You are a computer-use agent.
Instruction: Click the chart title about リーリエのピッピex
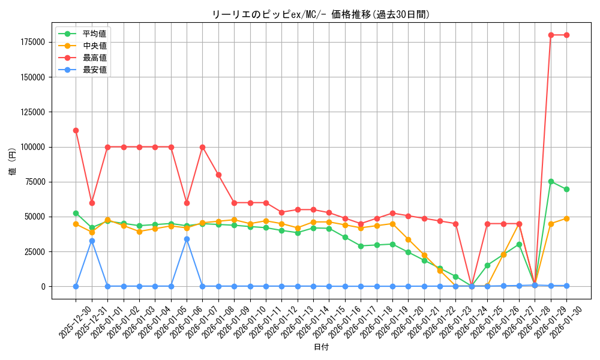coord(321,14)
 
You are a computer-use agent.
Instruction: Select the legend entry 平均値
coord(94,34)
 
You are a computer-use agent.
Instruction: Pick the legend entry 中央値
coord(94,46)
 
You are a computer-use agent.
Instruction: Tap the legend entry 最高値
coord(94,58)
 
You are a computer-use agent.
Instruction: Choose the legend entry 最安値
coord(94,70)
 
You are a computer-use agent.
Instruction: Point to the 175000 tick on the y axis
coord(32,42)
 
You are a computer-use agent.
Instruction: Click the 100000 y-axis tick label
coord(32,147)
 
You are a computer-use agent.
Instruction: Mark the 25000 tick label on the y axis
coord(35,252)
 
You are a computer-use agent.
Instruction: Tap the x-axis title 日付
coord(321,347)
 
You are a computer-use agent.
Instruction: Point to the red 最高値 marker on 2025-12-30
coord(76,130)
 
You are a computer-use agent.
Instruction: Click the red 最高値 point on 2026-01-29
coord(551,35)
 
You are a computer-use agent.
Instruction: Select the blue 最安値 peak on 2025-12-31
coord(92,241)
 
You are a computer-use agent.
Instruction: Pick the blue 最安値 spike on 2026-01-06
coord(187,239)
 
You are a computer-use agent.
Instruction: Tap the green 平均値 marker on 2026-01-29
coord(551,181)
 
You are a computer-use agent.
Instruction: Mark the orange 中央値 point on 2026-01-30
coord(566,218)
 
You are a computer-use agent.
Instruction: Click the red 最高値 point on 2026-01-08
coord(218,175)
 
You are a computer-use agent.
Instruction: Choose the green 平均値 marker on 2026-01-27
coord(519,244)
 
